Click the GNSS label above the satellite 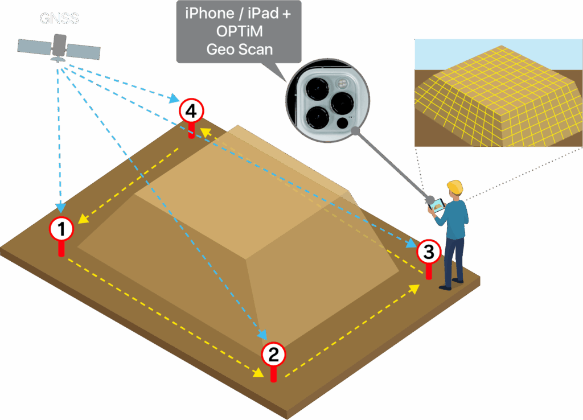point(59,18)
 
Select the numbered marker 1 point(61,229)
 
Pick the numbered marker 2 point(273,355)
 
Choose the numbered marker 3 point(429,251)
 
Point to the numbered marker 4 point(191,112)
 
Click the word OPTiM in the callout point(239,32)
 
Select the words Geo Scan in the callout point(239,50)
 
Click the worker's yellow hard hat point(454,187)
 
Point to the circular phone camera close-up point(327,100)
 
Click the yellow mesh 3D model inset point(498,102)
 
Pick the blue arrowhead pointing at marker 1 point(60,209)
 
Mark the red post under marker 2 point(273,373)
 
